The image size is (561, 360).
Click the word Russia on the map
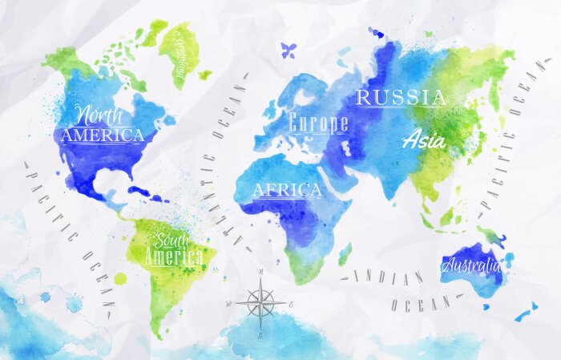[401, 98]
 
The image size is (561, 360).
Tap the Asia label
[425, 139]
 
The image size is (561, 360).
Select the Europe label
[318, 123]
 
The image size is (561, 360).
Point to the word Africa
[287, 190]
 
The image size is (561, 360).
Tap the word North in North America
[101, 113]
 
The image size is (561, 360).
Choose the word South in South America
[173, 240]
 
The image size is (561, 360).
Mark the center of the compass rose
[260, 303]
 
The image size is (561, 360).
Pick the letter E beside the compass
[292, 303]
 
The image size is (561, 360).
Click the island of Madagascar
[345, 255]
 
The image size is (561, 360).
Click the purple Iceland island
[289, 50]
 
